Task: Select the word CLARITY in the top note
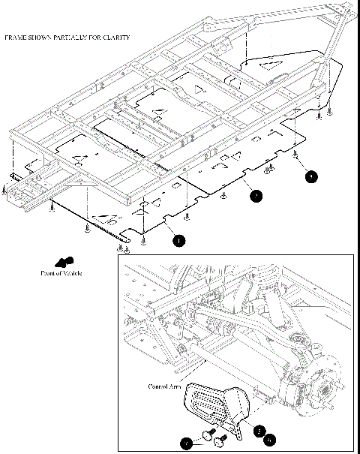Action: coord(116,37)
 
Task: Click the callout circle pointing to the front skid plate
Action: coord(178,240)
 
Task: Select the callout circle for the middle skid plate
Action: coord(256,196)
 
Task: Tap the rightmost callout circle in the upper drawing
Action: coord(311,176)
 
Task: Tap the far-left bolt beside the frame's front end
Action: coord(6,191)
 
